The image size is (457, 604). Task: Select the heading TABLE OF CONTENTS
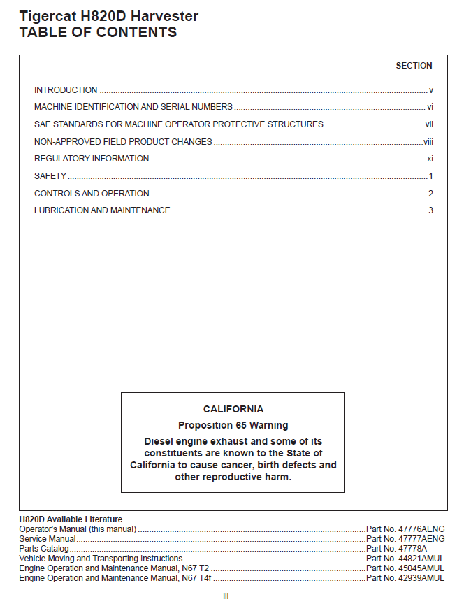98,32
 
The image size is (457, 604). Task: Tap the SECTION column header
414,66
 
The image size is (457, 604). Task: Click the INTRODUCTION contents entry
66,90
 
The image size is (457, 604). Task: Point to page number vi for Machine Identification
430,108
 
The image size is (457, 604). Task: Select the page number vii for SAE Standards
430,124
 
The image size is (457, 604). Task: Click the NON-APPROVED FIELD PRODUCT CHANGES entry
123,142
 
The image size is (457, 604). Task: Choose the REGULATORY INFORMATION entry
92,159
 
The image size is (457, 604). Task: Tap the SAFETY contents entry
50,176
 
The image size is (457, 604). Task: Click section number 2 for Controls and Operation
431,194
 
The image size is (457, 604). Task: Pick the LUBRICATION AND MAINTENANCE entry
102,210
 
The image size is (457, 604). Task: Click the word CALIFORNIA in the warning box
233,410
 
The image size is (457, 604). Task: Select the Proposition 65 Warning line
233,425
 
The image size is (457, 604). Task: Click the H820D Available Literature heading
71,519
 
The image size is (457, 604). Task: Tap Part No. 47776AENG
405,529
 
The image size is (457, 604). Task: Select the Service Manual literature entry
48,539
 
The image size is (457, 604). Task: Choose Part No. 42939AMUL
405,578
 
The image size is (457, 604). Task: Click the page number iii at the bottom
226,596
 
